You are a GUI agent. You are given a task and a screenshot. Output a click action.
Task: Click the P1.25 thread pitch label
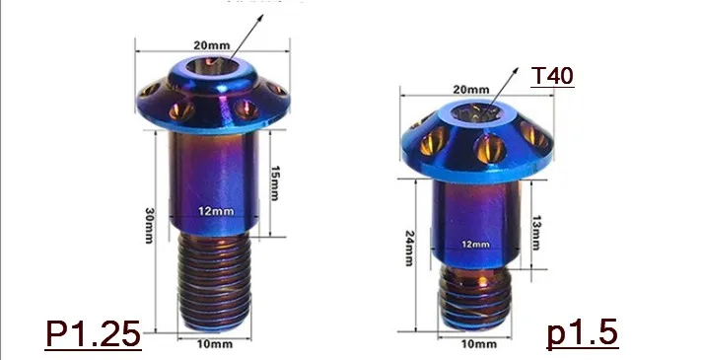pyautogui.click(x=93, y=334)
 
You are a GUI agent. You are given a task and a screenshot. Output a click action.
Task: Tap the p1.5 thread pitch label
pyautogui.click(x=583, y=333)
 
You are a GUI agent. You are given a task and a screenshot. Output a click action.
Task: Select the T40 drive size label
pyautogui.click(x=552, y=76)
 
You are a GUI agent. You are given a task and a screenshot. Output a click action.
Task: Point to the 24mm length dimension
pyautogui.click(x=409, y=249)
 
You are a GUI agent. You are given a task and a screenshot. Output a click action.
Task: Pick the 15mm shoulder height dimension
pyautogui.click(x=275, y=183)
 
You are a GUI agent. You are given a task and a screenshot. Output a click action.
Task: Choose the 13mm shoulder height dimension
pyautogui.click(x=536, y=233)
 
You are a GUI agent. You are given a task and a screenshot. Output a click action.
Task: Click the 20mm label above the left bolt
pyautogui.click(x=212, y=45)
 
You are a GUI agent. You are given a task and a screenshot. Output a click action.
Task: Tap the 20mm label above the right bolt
pyautogui.click(x=471, y=90)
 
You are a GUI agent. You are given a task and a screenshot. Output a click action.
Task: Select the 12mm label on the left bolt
pyautogui.click(x=216, y=210)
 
